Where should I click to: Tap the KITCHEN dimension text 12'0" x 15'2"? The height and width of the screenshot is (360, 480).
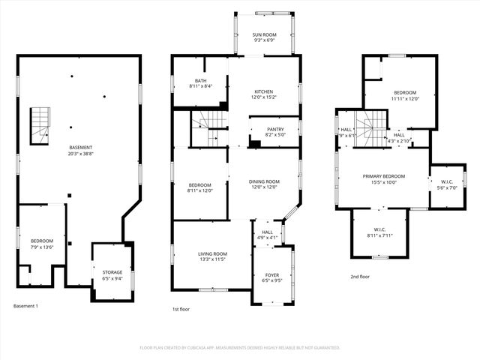[x=264, y=97]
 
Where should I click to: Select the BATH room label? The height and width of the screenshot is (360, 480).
[x=201, y=81]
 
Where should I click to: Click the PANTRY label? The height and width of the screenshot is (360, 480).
[x=275, y=129]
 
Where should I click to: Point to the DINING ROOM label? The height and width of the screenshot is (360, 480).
[x=264, y=181]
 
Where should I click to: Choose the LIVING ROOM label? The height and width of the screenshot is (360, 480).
[x=212, y=254]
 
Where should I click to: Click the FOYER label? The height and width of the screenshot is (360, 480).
[x=272, y=275]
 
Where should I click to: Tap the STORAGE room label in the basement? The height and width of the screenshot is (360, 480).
[x=112, y=272]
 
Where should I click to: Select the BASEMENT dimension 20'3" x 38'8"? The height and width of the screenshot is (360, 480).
[x=81, y=153]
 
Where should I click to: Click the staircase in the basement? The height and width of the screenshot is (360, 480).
[x=40, y=126]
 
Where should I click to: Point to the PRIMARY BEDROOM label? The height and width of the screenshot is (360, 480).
[x=384, y=176]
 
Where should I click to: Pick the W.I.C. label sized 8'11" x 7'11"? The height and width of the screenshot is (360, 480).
[x=379, y=229]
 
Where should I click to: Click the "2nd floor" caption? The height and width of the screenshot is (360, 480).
[x=360, y=277]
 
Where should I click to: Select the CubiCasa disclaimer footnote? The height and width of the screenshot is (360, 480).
[x=240, y=348]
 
